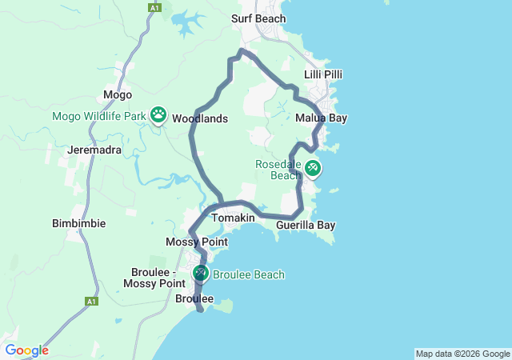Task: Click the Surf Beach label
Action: click(x=258, y=18)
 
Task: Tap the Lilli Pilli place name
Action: click(x=323, y=74)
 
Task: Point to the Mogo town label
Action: click(x=118, y=95)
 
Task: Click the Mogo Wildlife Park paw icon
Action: click(x=158, y=115)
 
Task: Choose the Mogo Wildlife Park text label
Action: click(x=99, y=116)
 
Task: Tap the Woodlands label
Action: click(x=200, y=118)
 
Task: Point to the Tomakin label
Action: click(x=233, y=218)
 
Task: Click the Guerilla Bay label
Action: click(x=306, y=225)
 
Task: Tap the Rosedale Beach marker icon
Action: click(x=312, y=167)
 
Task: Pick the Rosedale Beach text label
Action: click(x=278, y=170)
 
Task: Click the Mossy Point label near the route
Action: click(x=197, y=242)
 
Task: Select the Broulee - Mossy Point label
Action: click(x=154, y=278)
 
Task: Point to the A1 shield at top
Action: click(x=154, y=7)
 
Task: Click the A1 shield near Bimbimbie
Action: click(x=91, y=302)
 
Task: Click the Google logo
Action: click(x=26, y=350)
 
